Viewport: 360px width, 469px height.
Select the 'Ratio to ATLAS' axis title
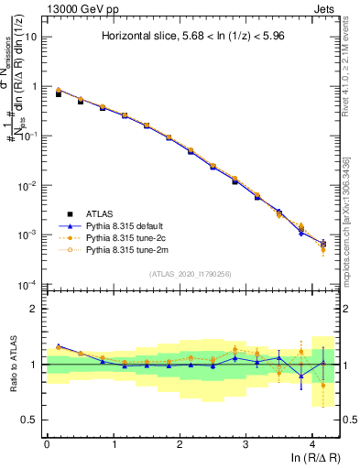[12, 365]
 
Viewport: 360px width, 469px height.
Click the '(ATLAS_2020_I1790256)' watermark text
[190, 273]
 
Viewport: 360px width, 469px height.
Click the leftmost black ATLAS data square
[59, 94]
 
